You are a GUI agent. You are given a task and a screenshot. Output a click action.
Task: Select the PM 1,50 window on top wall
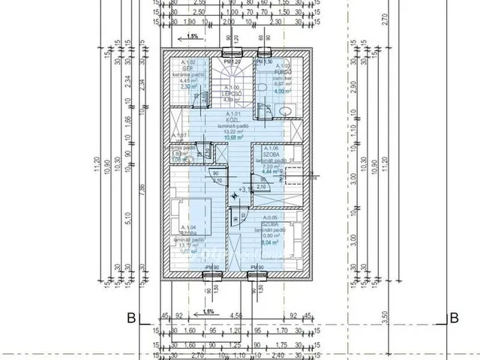264,52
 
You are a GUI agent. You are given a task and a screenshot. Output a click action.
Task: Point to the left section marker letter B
131,316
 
